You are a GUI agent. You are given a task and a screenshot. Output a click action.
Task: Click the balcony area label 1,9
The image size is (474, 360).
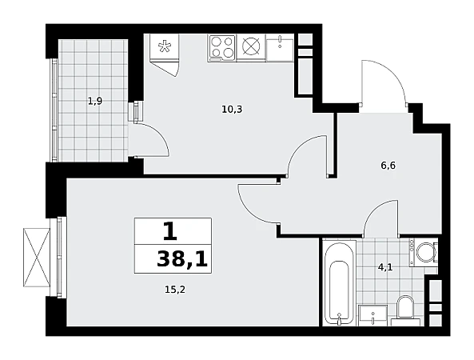95,101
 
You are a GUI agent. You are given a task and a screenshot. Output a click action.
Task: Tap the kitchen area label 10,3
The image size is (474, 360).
232,110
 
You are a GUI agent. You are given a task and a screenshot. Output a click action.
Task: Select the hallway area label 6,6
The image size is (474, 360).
388,166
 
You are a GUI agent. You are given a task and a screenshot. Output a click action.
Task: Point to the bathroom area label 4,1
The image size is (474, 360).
385,267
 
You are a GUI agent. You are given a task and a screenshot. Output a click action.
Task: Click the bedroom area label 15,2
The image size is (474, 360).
175,290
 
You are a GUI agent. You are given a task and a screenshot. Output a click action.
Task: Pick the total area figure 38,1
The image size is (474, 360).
182,259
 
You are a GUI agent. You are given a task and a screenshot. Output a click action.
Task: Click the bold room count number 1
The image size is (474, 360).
169,232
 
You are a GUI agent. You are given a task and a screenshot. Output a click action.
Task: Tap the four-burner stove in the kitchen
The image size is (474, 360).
222,48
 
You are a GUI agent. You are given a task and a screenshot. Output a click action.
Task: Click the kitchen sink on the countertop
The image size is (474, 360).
281,48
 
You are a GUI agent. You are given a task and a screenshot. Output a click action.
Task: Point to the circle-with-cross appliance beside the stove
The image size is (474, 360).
251,47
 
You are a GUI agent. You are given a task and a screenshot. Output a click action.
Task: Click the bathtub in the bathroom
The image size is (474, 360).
339,283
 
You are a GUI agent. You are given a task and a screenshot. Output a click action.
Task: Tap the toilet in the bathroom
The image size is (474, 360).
406,310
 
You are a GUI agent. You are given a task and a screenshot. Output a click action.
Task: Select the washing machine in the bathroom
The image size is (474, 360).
424,252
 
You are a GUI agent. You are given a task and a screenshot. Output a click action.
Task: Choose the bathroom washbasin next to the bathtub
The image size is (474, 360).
373,315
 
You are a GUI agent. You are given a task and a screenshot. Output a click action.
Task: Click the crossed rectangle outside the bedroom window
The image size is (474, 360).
37,258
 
